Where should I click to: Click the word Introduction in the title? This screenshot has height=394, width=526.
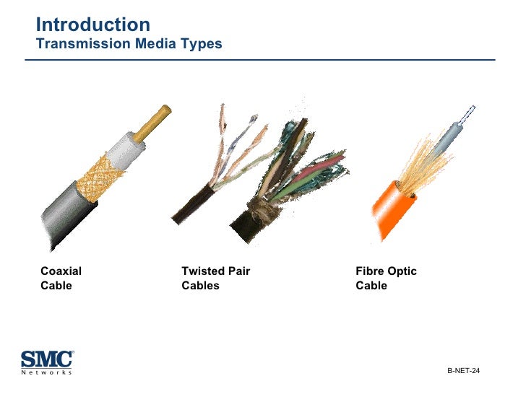pyautogui.click(x=92, y=25)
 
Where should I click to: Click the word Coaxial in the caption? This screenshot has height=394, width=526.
pyautogui.click(x=61, y=271)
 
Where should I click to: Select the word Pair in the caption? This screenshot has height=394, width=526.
pyautogui.click(x=238, y=271)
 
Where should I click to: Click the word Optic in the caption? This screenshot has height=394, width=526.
pyautogui.click(x=402, y=271)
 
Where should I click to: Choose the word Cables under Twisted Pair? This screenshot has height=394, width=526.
pyautogui.click(x=200, y=286)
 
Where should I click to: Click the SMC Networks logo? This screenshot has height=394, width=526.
pyautogui.click(x=47, y=362)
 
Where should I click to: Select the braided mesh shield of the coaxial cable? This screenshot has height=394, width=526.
pyautogui.click(x=101, y=174)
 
